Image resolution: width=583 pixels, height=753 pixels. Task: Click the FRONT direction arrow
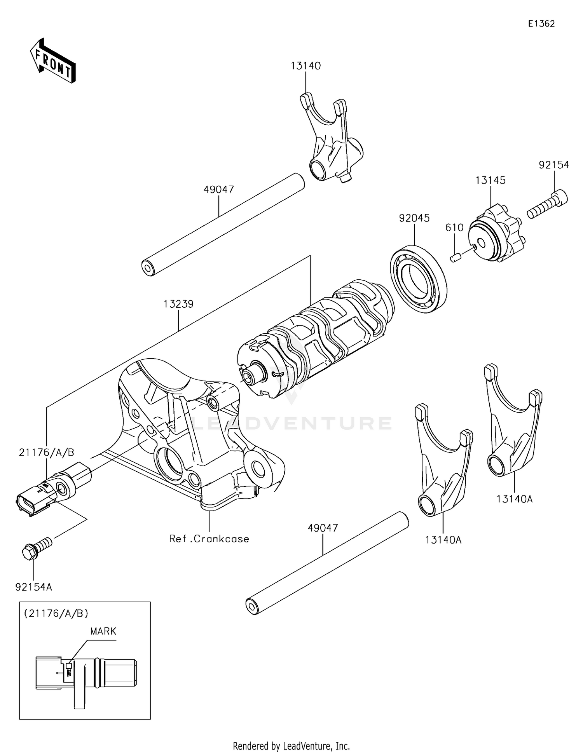tap(53, 61)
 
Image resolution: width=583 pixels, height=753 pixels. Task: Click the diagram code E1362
tap(541, 24)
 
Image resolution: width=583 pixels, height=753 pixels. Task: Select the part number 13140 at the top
tap(305, 66)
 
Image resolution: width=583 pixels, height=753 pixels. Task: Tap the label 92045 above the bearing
tap(414, 218)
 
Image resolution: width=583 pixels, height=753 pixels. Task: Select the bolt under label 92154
tap(546, 204)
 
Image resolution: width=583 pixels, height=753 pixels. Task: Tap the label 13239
tap(178, 304)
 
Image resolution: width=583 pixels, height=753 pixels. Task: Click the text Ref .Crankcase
tap(209, 539)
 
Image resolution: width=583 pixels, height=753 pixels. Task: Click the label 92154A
tap(33, 587)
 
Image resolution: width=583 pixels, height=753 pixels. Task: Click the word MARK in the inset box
tap(103, 631)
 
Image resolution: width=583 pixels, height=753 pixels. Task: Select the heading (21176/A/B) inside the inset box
tap(56, 614)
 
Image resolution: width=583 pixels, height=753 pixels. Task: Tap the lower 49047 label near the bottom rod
tap(323, 528)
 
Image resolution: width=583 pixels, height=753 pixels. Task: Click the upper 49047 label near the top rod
tap(219, 190)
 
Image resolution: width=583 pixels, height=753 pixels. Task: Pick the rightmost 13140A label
tap(514, 499)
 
